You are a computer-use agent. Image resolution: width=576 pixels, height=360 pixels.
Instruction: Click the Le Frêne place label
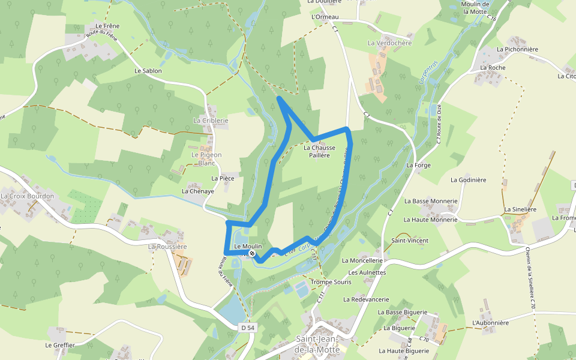tap(107, 26)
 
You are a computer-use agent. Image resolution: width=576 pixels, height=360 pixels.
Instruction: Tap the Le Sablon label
tap(148, 71)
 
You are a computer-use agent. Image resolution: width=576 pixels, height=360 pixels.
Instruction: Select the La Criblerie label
tap(211, 121)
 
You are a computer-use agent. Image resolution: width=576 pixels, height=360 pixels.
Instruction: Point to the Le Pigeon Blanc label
tap(206, 159)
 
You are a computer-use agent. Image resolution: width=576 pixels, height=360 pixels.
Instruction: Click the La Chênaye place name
tap(198, 191)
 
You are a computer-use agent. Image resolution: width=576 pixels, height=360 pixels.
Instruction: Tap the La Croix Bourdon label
tap(28, 196)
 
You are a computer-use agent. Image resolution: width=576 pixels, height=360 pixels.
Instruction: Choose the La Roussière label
tap(168, 247)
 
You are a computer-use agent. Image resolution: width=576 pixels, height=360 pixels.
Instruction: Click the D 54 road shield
tap(248, 328)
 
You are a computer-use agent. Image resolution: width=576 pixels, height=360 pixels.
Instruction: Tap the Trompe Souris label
tap(331, 282)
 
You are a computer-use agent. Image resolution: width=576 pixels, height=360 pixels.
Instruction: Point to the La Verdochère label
tap(390, 43)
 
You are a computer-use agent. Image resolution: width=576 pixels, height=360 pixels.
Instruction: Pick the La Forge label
tap(418, 165)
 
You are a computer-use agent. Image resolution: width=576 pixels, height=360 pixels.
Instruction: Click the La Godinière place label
tap(471, 179)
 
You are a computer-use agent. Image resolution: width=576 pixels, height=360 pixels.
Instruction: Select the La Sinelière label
tap(520, 209)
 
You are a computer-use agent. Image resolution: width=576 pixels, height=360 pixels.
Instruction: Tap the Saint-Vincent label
tap(410, 241)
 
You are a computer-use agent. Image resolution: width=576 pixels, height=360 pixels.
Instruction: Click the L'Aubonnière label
tap(490, 323)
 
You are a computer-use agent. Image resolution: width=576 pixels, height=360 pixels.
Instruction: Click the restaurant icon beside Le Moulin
tap(253, 254)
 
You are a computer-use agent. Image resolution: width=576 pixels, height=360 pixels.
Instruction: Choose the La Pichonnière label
tap(517, 49)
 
